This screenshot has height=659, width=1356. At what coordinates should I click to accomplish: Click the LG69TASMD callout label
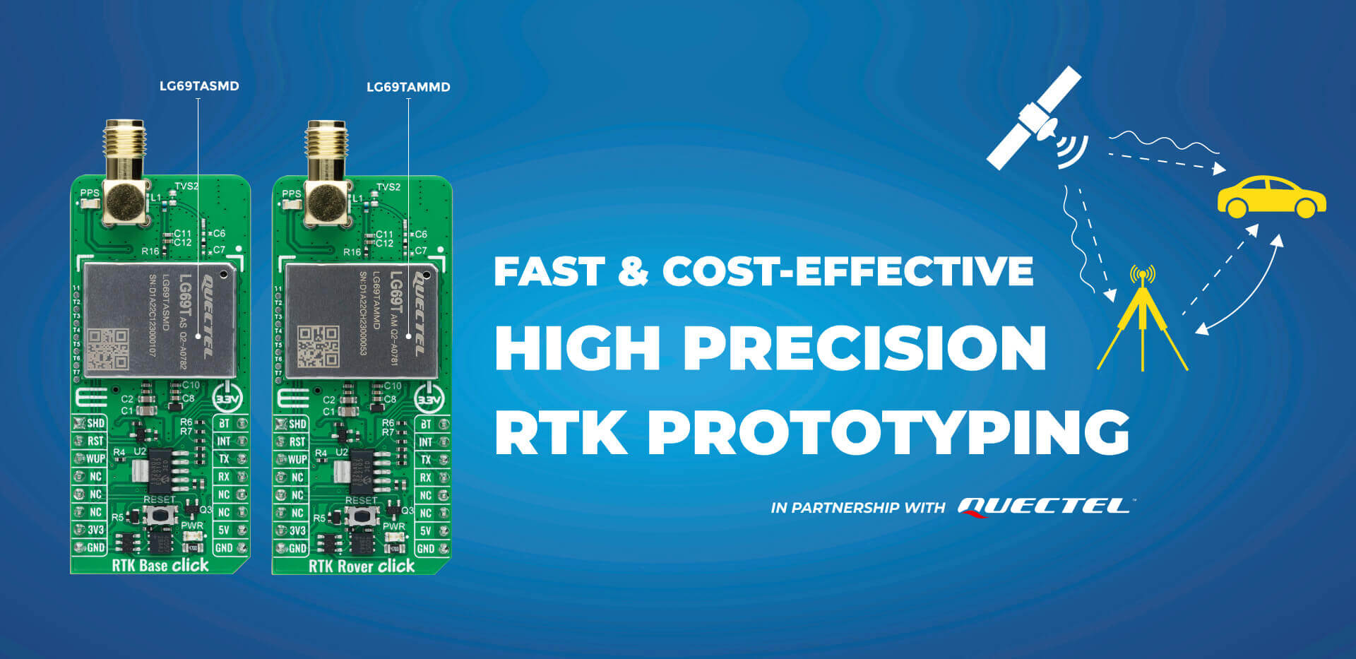pyautogui.click(x=199, y=86)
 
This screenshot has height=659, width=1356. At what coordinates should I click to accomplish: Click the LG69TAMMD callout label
pyautogui.click(x=408, y=88)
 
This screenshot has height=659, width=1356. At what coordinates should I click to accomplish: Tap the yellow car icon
pyautogui.click(x=1271, y=197)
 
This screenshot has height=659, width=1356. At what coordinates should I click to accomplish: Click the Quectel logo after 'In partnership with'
pyautogui.click(x=1044, y=506)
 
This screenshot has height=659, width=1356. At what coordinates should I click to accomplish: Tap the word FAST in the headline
pyautogui.click(x=549, y=271)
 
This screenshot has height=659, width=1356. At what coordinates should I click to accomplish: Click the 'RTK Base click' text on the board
pyautogui.click(x=160, y=565)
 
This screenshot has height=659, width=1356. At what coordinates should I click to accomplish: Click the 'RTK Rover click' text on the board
pyautogui.click(x=362, y=566)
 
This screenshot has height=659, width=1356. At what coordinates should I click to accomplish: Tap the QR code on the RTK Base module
pyautogui.click(x=107, y=348)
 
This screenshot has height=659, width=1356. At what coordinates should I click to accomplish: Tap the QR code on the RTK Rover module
pyautogui.click(x=318, y=346)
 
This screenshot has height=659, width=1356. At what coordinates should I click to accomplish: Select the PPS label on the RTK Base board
pyautogui.click(x=90, y=193)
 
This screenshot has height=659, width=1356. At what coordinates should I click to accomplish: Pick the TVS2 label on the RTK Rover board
pyautogui.click(x=388, y=187)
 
